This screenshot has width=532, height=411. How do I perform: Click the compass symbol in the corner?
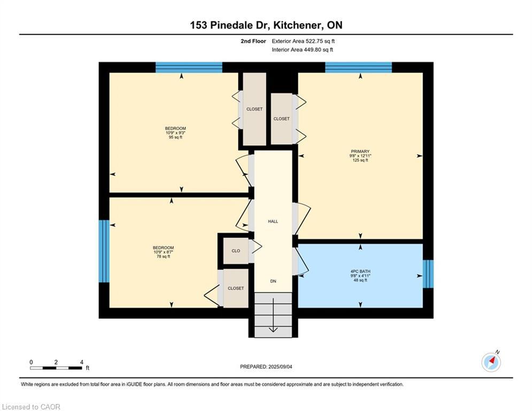pyautogui.click(x=491, y=362)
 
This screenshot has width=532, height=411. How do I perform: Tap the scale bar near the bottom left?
pyautogui.click(x=56, y=368)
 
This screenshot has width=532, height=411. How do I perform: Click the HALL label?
pyautogui.click(x=273, y=221)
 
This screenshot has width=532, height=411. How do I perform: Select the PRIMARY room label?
pyautogui.click(x=360, y=151)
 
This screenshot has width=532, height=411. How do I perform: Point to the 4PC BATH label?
pyautogui.click(x=360, y=271)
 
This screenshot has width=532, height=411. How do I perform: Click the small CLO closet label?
pyautogui.click(x=236, y=251)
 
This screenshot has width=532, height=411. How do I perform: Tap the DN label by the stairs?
pyautogui.click(x=273, y=281)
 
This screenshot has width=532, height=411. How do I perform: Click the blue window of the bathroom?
pyautogui.click(x=428, y=273)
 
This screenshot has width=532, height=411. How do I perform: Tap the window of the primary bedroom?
pyautogui.click(x=358, y=67)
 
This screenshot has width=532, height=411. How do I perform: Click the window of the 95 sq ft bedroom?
pyautogui.click(x=189, y=67)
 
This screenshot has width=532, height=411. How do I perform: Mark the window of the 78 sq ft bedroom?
pyautogui.click(x=104, y=251)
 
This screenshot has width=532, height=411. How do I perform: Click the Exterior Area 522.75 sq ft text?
pyautogui.click(x=303, y=41)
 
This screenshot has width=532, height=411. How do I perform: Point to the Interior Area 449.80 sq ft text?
pyautogui.click(x=302, y=50)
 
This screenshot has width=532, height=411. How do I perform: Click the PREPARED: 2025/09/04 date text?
pyautogui.click(x=266, y=367)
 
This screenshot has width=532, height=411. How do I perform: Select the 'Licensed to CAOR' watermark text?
pyautogui.click(x=31, y=407)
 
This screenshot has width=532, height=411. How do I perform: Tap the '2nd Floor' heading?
pyautogui.click(x=254, y=41)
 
